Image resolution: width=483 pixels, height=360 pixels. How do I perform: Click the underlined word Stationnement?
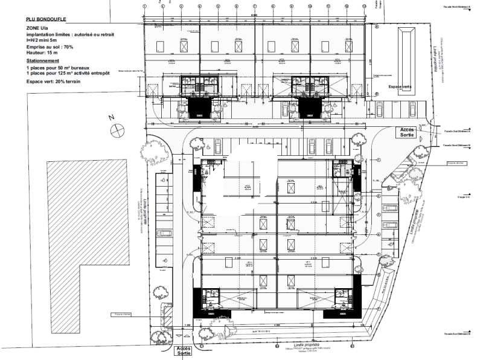(x=43, y=61)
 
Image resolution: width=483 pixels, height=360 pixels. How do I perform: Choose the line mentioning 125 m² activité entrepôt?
(x=68, y=73)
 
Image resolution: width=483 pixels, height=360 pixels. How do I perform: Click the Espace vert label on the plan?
(x=400, y=88)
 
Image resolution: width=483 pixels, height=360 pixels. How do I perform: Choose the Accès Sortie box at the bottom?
(x=182, y=351)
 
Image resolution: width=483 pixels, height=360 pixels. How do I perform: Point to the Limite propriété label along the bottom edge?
(x=306, y=345)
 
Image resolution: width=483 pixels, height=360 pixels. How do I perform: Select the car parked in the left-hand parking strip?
(x=164, y=233)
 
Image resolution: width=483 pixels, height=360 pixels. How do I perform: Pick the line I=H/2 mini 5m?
(x=49, y=40)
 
